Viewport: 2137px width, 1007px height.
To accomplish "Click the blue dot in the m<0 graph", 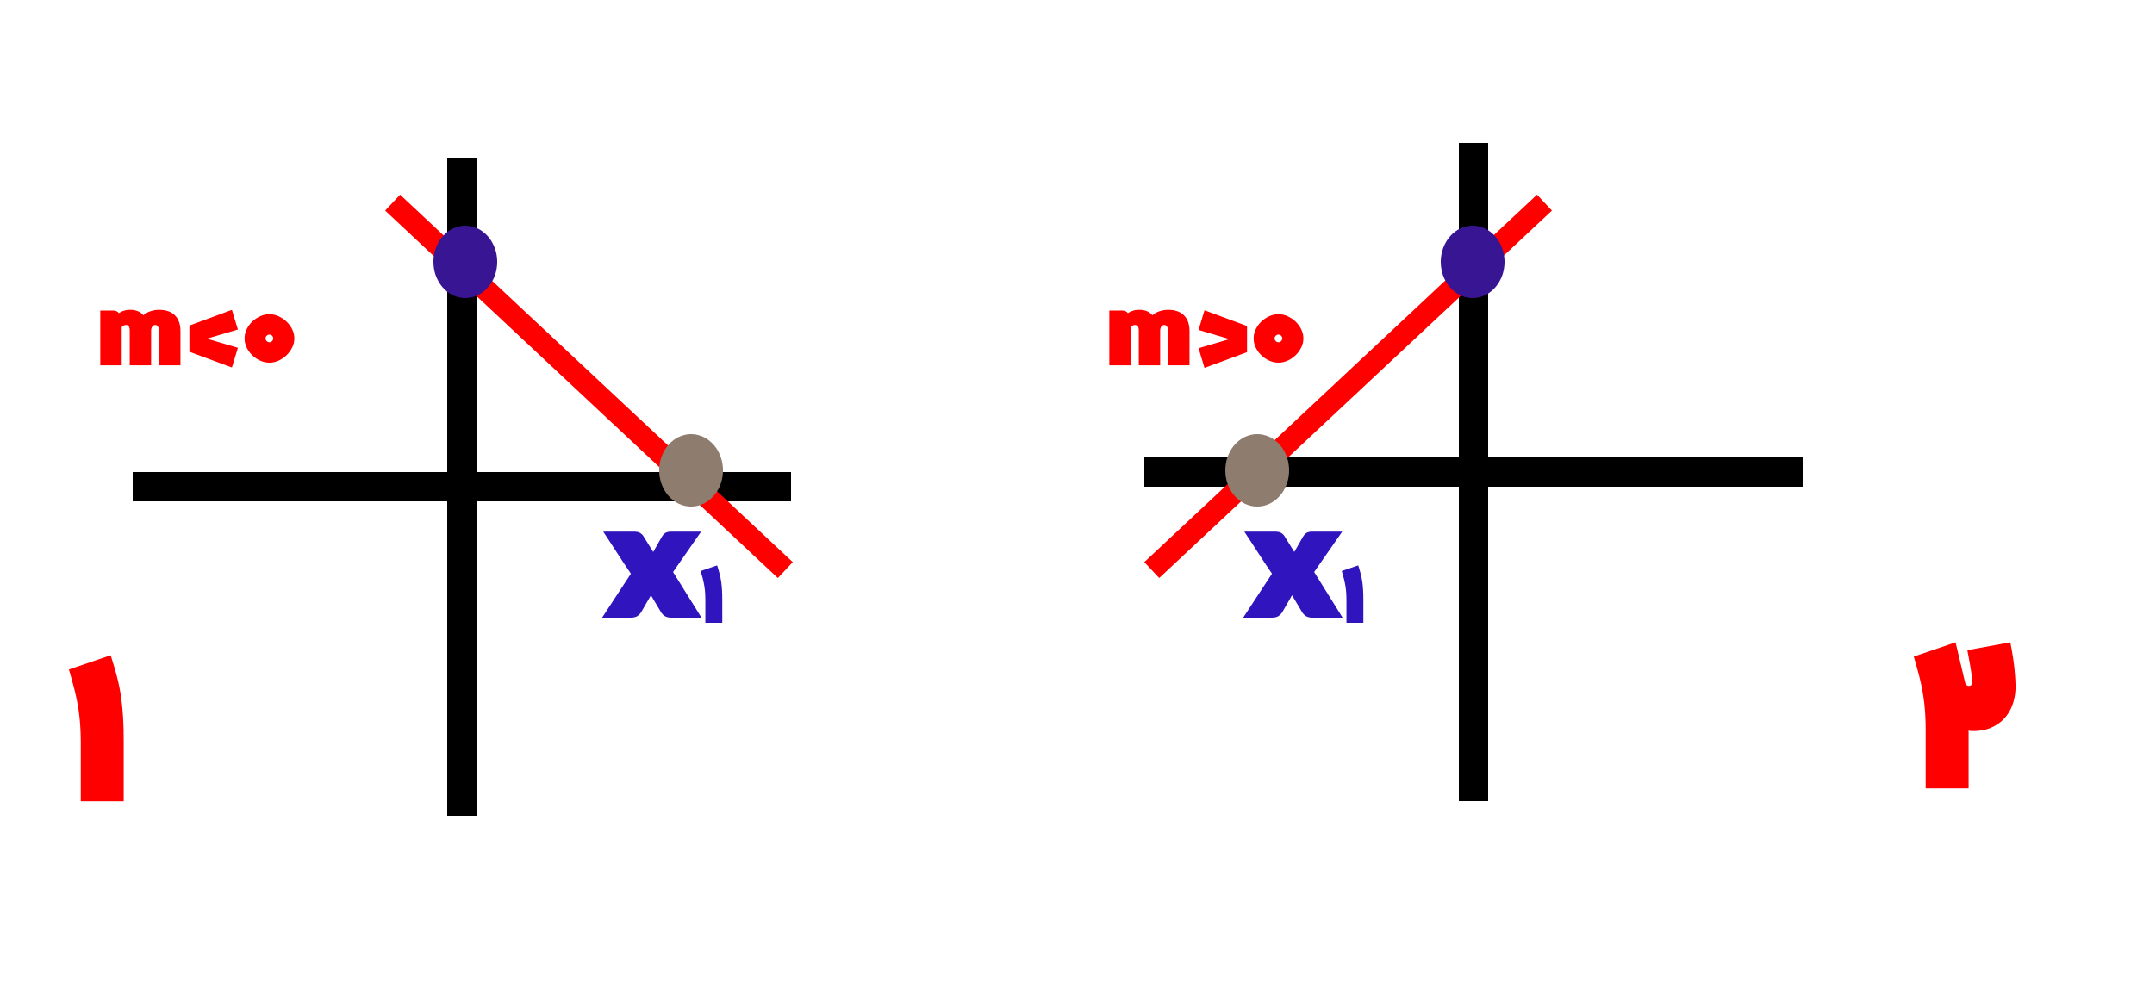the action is click(465, 262).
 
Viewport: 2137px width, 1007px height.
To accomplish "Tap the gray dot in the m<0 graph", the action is click(691, 470).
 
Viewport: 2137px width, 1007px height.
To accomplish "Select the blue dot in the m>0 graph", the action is click(1473, 262).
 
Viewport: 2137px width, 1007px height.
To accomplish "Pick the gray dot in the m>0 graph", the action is click(1257, 470).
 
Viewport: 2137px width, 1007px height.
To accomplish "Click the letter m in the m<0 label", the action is click(140, 338).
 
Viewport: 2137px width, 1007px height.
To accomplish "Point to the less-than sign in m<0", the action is click(214, 339).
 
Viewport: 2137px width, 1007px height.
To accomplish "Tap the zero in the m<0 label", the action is click(270, 338).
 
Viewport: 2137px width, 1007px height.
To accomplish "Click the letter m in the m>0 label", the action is click(1149, 338).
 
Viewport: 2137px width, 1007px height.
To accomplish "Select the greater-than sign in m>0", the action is click(1223, 339).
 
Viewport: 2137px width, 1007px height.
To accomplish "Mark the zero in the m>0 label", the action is click(1279, 338).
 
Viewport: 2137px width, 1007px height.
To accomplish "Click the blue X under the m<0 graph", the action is click(652, 575).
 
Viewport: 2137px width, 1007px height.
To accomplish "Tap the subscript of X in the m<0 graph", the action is click(713, 594).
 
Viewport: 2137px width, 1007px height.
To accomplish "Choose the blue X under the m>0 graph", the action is click(1293, 575).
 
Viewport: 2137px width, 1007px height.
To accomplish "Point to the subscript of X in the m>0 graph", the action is click(1354, 594).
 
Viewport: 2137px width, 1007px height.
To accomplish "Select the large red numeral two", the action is click(1964, 715).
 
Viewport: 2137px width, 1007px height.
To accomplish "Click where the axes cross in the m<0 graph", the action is click(462, 487).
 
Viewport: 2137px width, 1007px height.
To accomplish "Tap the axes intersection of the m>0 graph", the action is click(1473, 472).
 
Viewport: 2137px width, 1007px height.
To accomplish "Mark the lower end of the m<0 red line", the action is click(785, 570).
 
